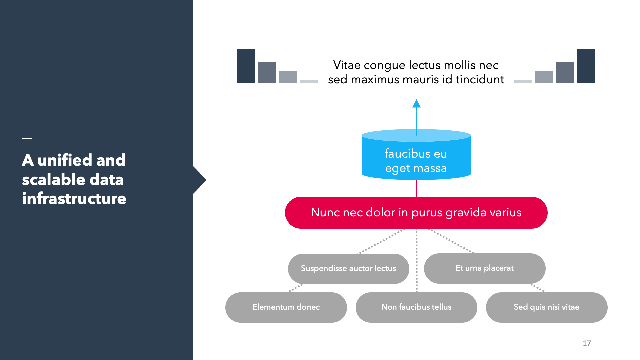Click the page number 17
tap(587, 343)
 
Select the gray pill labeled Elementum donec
tap(286, 307)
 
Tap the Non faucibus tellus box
tap(416, 307)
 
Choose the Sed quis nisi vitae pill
tap(547, 307)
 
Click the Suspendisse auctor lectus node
tap(349, 269)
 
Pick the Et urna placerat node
tap(485, 268)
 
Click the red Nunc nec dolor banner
tap(416, 213)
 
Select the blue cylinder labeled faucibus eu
tap(416, 155)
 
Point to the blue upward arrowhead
tap(416, 103)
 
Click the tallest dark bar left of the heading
tap(246, 66)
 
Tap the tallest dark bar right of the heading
tap(586, 66)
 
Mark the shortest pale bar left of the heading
tap(309, 81)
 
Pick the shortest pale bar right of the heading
tap(523, 81)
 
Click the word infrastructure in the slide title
tap(74, 199)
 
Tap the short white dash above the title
tap(27, 138)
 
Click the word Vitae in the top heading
tap(347, 65)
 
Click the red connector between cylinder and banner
tap(416, 188)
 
